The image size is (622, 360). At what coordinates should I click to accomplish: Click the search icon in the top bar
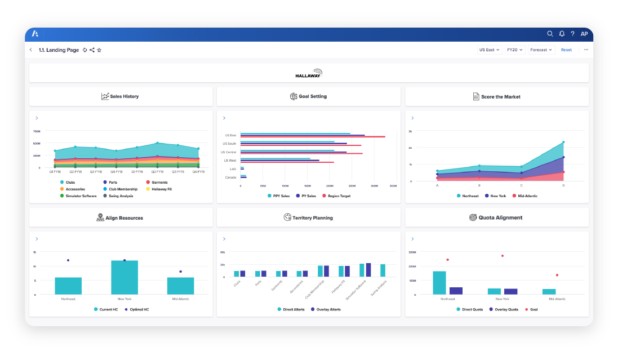coord(549,33)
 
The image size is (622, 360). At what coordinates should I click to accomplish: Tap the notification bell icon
coord(561,33)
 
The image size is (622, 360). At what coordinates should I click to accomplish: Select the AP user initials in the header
coord(584,33)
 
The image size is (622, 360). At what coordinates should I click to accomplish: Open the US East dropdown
coord(489,49)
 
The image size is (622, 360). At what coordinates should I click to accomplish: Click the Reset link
coord(566,49)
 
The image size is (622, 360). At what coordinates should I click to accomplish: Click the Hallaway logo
coord(309,73)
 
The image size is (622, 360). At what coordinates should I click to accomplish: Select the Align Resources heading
coord(120,217)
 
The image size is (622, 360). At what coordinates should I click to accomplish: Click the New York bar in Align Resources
coord(124,277)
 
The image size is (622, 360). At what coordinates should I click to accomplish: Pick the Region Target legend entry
coord(338,196)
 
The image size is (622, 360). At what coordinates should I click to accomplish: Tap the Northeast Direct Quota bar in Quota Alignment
coord(439,282)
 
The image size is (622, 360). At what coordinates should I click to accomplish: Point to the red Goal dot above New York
coord(497,265)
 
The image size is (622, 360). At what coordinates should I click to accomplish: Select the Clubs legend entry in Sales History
coord(70,182)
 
